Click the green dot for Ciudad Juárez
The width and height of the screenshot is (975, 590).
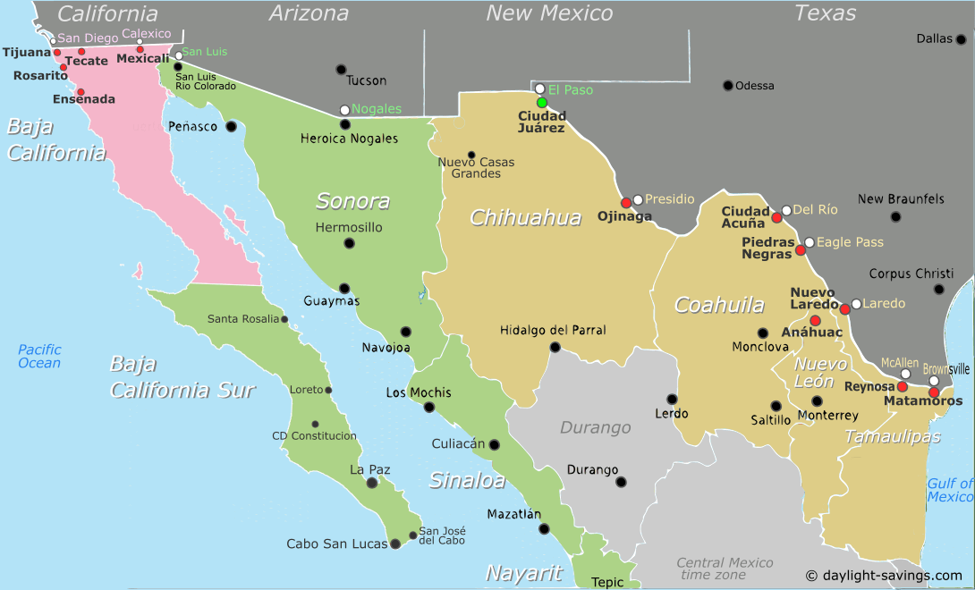pos(541,103)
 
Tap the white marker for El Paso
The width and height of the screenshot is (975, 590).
pos(539,88)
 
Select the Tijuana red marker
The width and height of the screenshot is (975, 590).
pos(57,52)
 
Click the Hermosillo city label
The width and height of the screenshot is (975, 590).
pos(349,228)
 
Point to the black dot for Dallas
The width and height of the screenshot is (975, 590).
pos(961,39)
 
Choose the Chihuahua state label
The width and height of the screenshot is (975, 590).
pos(525,217)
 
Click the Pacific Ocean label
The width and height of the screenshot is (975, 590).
pos(39,356)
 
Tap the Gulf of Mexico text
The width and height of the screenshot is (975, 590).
pos(950,490)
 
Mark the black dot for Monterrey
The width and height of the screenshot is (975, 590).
pos(817,400)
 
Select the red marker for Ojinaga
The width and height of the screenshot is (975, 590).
pos(626,203)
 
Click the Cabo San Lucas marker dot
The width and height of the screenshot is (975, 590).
pos(394,544)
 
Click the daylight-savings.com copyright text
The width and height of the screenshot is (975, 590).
pos(884,576)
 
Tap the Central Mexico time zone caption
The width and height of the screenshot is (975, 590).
pos(725,569)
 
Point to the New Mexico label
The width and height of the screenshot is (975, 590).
pos(549,13)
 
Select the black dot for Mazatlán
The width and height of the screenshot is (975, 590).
pos(544,528)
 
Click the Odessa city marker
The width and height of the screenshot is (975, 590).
pos(728,86)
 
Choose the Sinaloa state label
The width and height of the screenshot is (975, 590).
pos(467,481)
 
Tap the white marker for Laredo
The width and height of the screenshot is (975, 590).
pos(856,304)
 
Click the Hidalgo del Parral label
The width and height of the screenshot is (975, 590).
pos(553,331)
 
